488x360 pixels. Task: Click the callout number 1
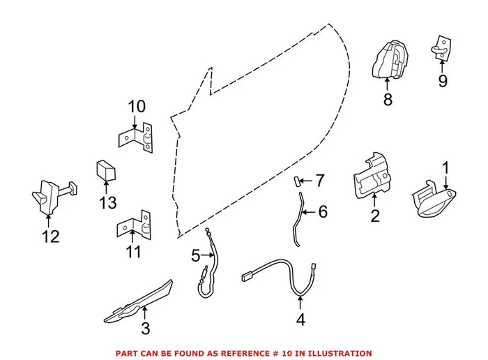(x=447, y=168)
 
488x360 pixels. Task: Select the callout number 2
(x=375, y=216)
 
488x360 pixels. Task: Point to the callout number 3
(x=145, y=327)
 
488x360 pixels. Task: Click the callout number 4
(x=300, y=320)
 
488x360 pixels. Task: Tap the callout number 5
(x=196, y=256)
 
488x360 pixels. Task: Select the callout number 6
(x=322, y=211)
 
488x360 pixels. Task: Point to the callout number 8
(x=388, y=100)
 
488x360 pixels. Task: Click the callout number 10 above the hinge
(x=137, y=107)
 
